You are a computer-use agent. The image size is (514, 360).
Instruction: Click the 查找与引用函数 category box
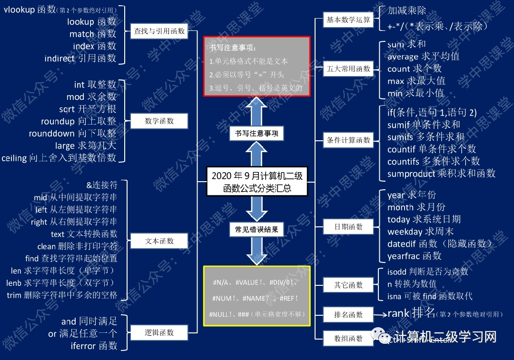click(x=159, y=32)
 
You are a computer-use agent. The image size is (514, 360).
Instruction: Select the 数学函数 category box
click(x=159, y=121)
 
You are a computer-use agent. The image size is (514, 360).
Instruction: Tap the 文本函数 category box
click(x=159, y=241)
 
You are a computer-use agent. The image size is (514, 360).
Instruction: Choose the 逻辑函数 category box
click(x=159, y=332)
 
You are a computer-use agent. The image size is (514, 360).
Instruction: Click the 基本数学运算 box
click(x=348, y=20)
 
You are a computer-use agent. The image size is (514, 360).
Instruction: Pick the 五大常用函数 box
click(x=348, y=69)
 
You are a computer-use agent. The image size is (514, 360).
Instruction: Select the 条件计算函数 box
click(x=348, y=140)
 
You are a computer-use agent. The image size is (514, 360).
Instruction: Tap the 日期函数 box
click(x=348, y=227)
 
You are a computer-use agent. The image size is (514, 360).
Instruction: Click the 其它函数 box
click(x=348, y=285)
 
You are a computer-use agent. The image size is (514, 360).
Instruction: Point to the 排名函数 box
click(x=348, y=314)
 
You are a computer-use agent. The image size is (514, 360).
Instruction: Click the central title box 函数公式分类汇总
click(x=257, y=182)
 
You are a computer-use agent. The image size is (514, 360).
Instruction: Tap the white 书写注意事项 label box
click(x=257, y=134)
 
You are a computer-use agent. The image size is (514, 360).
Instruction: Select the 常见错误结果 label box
click(x=257, y=230)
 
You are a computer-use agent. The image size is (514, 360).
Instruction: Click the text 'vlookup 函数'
click(x=30, y=10)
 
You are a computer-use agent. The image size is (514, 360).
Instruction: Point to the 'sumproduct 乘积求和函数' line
click(x=441, y=174)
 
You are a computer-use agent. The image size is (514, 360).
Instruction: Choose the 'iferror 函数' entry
click(x=94, y=346)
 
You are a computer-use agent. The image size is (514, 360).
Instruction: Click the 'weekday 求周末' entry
click(x=420, y=232)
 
